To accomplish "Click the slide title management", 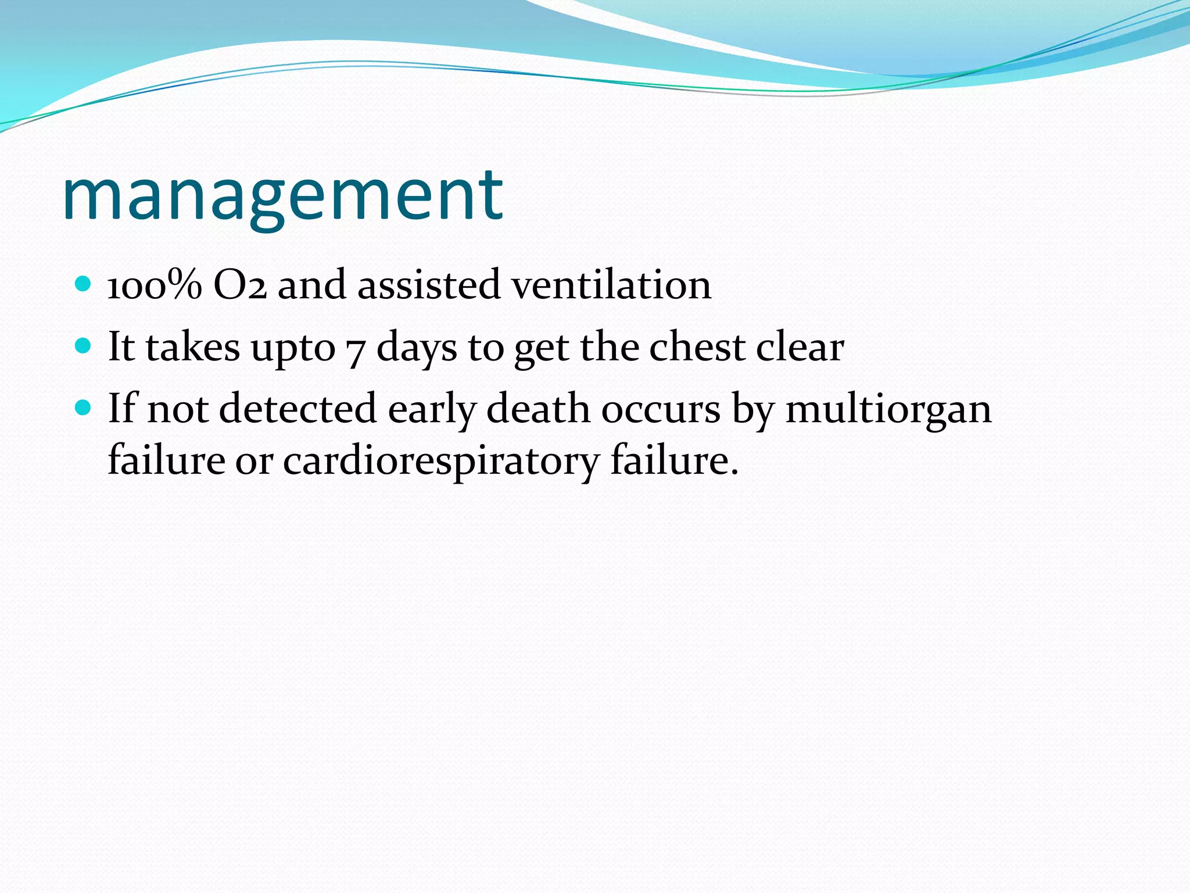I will [x=282, y=195].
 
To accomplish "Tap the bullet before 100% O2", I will [x=84, y=284].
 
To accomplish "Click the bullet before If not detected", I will [x=84, y=408].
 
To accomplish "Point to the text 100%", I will [x=155, y=285].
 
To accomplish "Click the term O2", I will [x=240, y=285].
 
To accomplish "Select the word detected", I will [x=298, y=409].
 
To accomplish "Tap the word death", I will [x=538, y=409].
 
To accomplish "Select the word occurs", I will [x=661, y=410].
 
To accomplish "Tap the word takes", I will [x=192, y=347].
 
